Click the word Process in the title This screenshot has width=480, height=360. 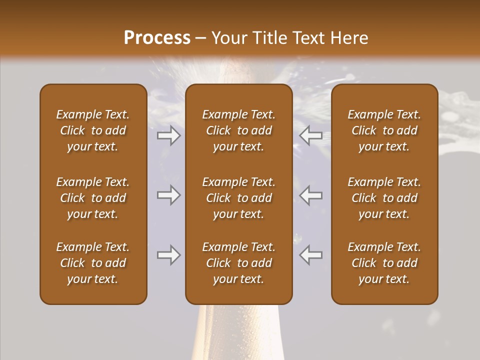tap(157, 38)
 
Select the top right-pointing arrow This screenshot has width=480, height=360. tap(169, 135)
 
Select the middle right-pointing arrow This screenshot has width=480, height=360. tap(169, 195)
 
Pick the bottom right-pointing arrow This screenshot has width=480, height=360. tap(169, 255)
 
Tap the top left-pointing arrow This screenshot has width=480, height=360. tap(310, 135)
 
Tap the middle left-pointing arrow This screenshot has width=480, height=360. tap(310, 195)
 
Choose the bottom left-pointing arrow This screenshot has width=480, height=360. tap(310, 255)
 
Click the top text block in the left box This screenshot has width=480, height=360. tap(93, 130)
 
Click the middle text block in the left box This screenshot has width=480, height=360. tap(93, 198)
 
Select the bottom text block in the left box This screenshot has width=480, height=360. tap(93, 263)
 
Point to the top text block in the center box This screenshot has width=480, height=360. tap(238, 130)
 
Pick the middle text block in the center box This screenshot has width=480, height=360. tap(238, 198)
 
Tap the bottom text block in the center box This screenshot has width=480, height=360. tap(238, 263)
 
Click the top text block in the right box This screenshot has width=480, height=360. tap(384, 130)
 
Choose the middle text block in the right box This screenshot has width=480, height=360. tap(384, 198)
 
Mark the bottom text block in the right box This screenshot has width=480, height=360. tap(384, 263)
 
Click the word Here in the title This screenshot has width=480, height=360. tap(350, 38)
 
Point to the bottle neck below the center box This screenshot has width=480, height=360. tap(239, 332)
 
